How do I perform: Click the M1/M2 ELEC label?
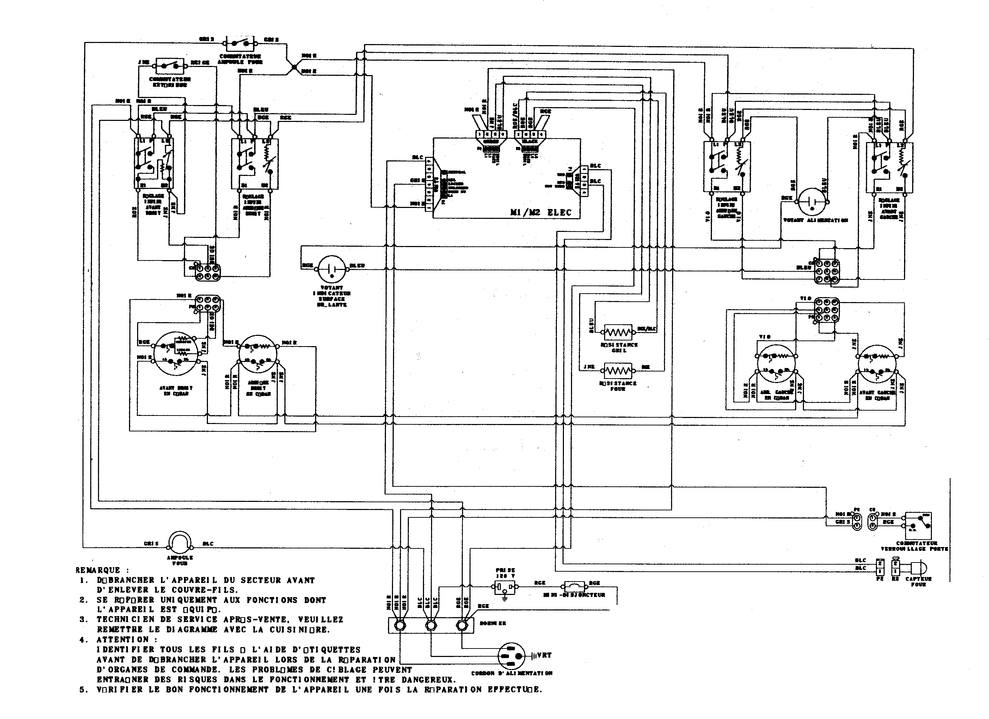(540, 212)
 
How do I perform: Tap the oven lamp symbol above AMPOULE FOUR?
(180, 542)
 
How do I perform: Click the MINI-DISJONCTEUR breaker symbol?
(577, 585)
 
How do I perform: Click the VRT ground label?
(544, 655)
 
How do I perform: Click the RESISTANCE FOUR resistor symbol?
(618, 371)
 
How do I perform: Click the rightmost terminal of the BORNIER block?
(461, 626)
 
